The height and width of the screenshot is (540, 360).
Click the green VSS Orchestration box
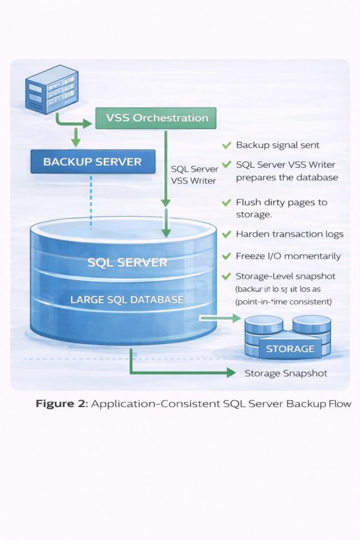click(x=156, y=118)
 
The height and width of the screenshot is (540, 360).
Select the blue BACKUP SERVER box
click(x=93, y=161)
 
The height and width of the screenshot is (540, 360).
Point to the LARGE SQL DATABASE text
click(x=128, y=300)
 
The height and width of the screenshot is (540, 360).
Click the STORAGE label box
click(x=290, y=349)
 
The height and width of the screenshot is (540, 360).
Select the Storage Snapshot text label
click(x=286, y=373)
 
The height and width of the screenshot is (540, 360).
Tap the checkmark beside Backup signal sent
click(x=227, y=144)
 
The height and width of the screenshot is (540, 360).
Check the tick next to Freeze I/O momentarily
click(x=227, y=256)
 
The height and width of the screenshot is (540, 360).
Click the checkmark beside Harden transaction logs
click(x=227, y=234)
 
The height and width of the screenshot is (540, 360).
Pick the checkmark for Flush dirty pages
click(x=227, y=202)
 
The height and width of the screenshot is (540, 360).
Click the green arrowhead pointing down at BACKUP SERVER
click(x=76, y=142)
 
